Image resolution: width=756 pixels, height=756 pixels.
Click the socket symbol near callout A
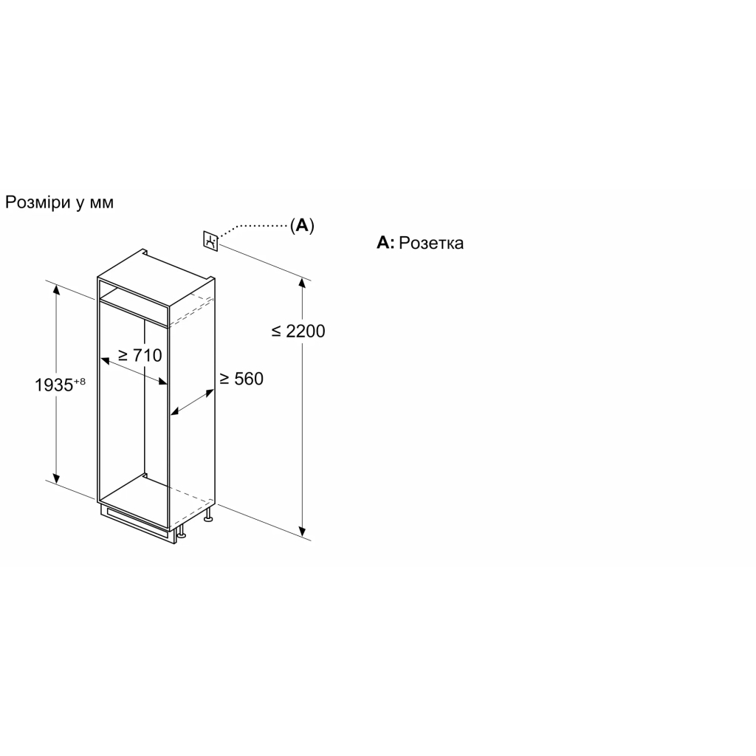point(210,241)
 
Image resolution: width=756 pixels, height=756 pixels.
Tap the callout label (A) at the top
point(302,225)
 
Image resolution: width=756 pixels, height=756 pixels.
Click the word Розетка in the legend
point(431,242)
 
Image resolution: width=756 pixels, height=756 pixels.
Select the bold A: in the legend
point(385,242)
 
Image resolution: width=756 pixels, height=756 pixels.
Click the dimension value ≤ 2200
point(298,331)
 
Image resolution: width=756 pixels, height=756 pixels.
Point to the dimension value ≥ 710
point(140,355)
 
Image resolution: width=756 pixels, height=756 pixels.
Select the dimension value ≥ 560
point(241,379)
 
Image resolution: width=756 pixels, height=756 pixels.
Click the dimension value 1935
point(53,385)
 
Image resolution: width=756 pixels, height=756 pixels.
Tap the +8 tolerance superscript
point(80,382)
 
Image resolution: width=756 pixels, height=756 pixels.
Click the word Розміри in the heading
point(38,202)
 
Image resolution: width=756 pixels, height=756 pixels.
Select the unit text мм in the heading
point(102,203)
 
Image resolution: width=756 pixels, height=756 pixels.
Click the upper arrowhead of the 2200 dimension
point(302,283)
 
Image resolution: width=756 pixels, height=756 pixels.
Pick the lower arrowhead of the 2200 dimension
point(302,531)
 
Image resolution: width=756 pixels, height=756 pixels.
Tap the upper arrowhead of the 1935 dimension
point(56,289)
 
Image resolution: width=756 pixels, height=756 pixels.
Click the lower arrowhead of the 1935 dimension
point(56,478)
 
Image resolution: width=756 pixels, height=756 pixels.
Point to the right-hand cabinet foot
point(209,515)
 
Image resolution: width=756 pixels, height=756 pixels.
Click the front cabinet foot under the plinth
point(182,532)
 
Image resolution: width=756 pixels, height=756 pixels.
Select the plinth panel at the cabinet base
point(137,523)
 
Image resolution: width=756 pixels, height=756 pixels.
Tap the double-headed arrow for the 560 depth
point(193,402)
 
